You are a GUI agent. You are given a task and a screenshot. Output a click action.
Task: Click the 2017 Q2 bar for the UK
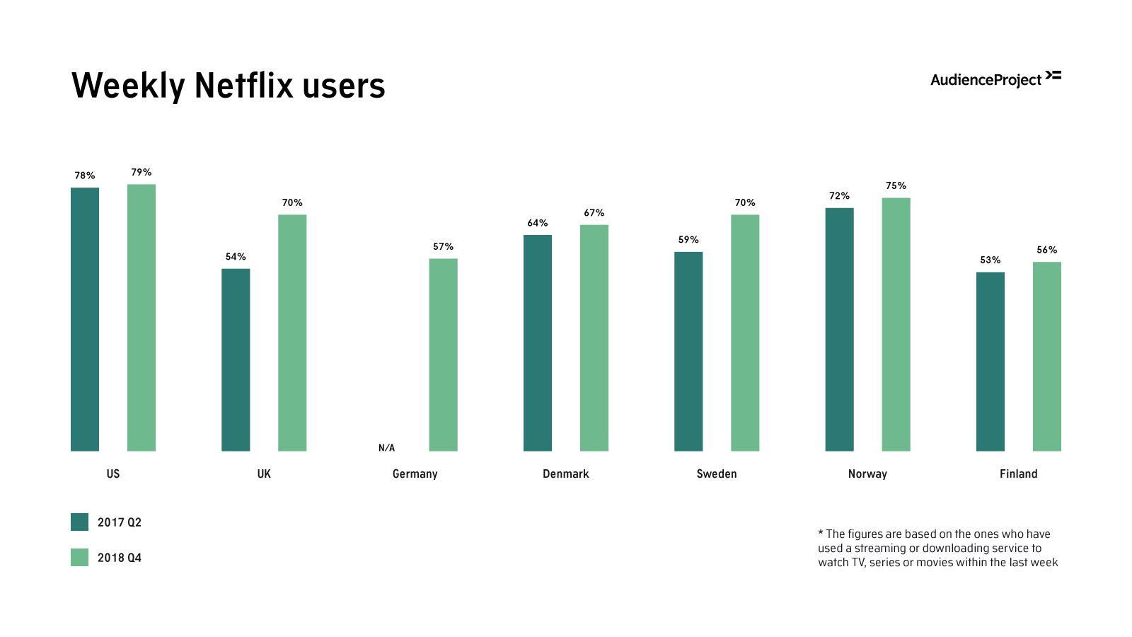[236, 360]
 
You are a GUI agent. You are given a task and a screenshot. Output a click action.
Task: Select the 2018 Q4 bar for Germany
[443, 355]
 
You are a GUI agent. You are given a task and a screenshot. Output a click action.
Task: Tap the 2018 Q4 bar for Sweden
[745, 333]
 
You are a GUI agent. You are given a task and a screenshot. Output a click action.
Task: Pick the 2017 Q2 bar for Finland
[990, 362]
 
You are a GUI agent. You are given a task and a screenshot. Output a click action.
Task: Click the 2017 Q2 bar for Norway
[839, 329]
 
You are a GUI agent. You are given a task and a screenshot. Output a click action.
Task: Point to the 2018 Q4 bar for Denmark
[594, 338]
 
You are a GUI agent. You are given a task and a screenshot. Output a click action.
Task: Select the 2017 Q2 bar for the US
[85, 319]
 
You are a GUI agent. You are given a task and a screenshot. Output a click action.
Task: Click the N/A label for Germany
[386, 448]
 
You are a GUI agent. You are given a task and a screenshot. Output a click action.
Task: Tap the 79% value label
[141, 172]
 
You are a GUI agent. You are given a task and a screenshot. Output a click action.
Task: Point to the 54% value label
[236, 256]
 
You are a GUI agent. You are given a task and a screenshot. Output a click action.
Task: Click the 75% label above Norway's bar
[896, 185]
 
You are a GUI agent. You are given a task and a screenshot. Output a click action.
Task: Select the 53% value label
[990, 260]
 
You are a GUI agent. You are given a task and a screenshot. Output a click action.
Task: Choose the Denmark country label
[565, 474]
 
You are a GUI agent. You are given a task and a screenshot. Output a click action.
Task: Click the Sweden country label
[717, 474]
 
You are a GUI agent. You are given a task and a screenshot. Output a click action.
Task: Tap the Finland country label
[1018, 474]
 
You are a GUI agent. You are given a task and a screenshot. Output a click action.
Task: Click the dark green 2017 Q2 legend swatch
[79, 522]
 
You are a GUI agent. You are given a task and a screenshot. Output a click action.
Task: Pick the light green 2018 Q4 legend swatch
[79, 557]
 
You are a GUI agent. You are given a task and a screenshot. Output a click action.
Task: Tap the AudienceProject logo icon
[1053, 75]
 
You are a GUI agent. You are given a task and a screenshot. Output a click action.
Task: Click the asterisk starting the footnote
[821, 533]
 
